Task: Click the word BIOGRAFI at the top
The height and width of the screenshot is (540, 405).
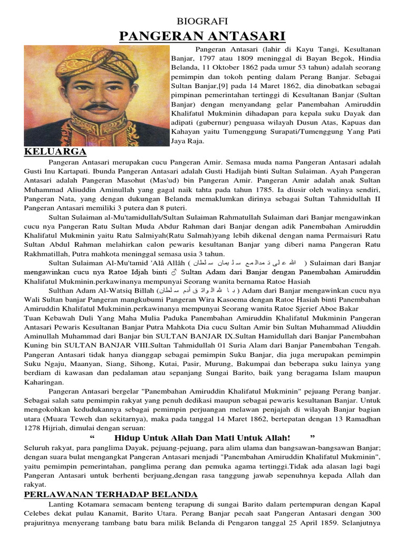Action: [202, 21]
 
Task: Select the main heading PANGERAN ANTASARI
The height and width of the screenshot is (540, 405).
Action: [202, 36]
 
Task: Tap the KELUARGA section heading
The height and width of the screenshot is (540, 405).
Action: [55, 152]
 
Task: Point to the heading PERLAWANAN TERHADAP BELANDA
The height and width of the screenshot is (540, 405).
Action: [111, 494]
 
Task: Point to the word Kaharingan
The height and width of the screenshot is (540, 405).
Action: [44, 381]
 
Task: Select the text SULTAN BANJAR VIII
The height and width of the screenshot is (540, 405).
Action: [105, 345]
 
